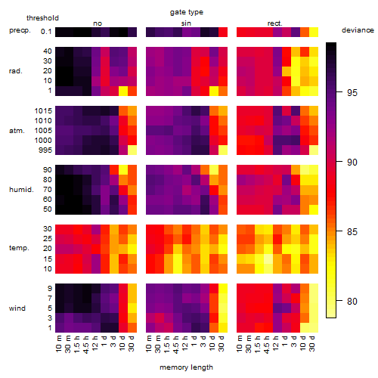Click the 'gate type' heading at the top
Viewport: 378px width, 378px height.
click(x=187, y=12)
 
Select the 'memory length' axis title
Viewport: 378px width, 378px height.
click(x=186, y=367)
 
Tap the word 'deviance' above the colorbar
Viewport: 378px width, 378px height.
click(x=358, y=30)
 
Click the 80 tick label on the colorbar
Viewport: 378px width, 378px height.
click(x=352, y=301)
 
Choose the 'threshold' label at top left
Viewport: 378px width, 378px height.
click(x=42, y=18)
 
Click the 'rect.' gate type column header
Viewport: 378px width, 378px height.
click(x=275, y=23)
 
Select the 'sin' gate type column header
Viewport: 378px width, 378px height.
click(x=186, y=23)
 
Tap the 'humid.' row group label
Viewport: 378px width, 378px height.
click(x=21, y=190)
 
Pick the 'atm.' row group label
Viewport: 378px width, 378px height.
click(x=17, y=131)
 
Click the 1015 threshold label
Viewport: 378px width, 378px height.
click(x=43, y=111)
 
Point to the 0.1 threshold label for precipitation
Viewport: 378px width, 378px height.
click(x=46, y=32)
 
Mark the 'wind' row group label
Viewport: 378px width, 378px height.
click(x=17, y=308)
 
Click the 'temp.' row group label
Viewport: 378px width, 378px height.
click(x=19, y=248)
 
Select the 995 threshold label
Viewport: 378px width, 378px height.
click(x=45, y=150)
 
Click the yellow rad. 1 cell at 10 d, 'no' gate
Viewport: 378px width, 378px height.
click(x=123, y=91)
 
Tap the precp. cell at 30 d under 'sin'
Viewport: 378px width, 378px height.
click(x=223, y=33)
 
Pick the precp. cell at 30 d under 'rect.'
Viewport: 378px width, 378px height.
click(x=314, y=33)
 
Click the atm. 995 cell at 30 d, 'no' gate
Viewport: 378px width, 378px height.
click(x=132, y=150)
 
